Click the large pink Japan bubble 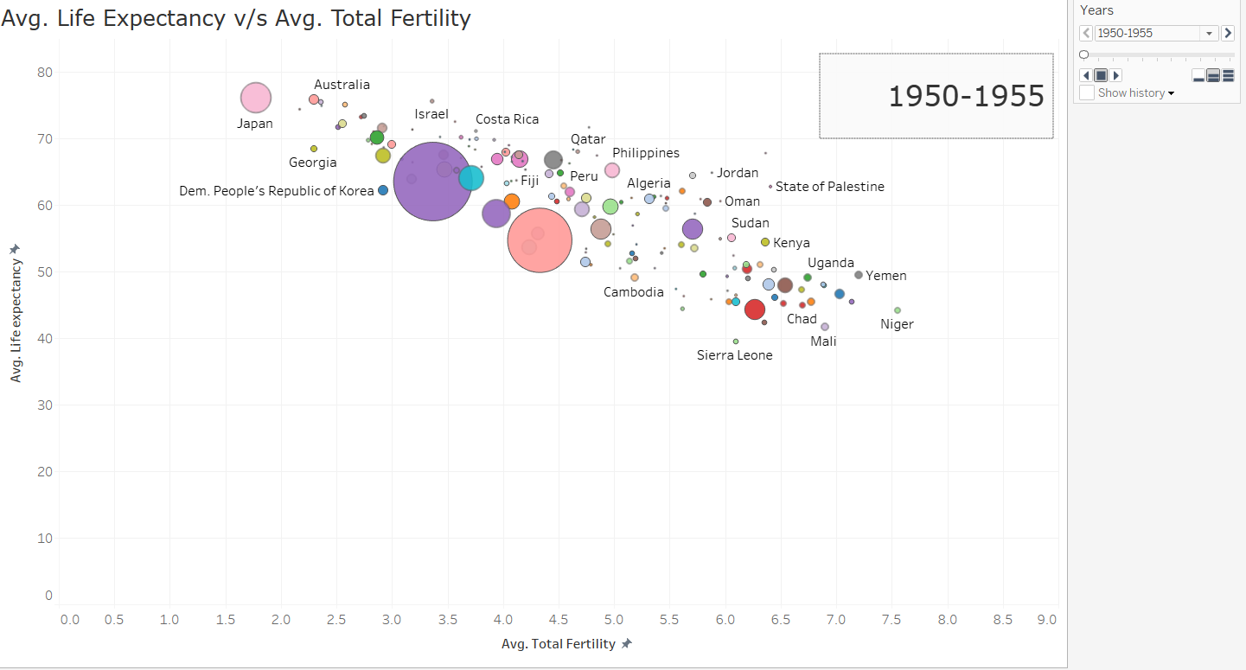coord(255,99)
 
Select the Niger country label coord(897,324)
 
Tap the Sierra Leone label coord(734,355)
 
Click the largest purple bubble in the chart coord(432,182)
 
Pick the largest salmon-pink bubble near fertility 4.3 coord(540,241)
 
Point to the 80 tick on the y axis coord(44,73)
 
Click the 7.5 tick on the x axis coord(891,620)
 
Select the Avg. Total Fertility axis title coord(559,644)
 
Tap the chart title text coord(236,18)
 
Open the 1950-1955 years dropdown coord(1208,34)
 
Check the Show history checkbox coord(1087,93)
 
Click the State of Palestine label coord(829,187)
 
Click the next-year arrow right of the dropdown coord(1227,34)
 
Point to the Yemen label coord(886,276)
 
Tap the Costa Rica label coord(507,119)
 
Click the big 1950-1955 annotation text coord(966,97)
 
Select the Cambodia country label coord(633,292)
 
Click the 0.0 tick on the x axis coord(69,620)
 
